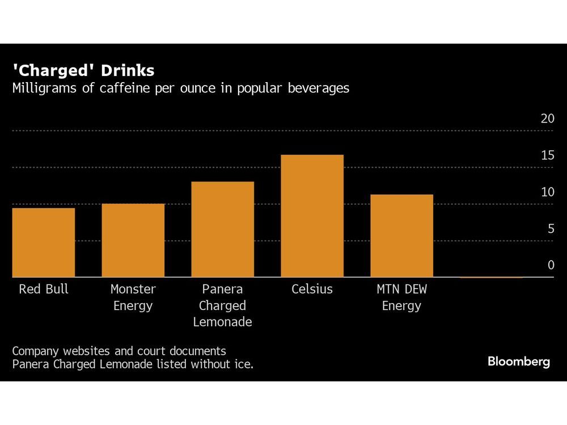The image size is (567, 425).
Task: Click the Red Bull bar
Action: (43, 243)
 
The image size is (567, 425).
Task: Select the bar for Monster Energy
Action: (133, 240)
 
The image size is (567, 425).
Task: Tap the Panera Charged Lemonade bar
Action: (222, 229)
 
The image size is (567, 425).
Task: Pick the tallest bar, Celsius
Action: (312, 216)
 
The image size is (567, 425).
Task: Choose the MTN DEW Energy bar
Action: (401, 236)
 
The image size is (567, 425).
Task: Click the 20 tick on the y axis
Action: (547, 118)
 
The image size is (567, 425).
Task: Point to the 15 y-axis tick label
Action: (547, 155)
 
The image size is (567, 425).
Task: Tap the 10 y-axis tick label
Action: (547, 192)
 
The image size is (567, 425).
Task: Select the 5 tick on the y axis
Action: (550, 229)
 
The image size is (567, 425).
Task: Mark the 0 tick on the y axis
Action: (550, 265)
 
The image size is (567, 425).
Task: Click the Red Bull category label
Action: (43, 289)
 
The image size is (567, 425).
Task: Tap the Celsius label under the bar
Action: (312, 289)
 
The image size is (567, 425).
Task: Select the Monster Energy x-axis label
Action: (133, 297)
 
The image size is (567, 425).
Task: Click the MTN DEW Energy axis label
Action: (401, 297)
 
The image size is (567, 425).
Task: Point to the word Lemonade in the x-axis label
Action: (222, 322)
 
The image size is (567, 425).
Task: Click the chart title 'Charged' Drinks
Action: (83, 71)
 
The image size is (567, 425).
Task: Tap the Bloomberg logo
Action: (518, 362)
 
